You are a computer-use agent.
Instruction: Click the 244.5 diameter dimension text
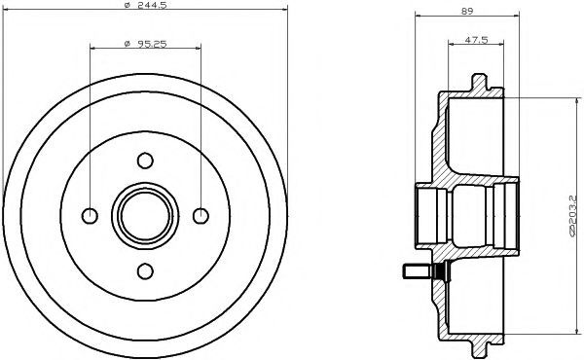click(x=152, y=5)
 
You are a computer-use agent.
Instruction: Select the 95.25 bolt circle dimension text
click(x=152, y=44)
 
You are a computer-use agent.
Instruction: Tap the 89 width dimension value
click(x=467, y=11)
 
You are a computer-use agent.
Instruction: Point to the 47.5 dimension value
click(x=476, y=40)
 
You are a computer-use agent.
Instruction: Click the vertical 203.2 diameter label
click(x=572, y=217)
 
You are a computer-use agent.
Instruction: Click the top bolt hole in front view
click(x=145, y=161)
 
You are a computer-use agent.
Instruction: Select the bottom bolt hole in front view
click(x=145, y=271)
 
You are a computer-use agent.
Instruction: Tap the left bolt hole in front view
click(x=90, y=216)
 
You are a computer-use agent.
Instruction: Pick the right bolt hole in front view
click(x=201, y=216)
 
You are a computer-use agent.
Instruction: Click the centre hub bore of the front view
click(x=145, y=216)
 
